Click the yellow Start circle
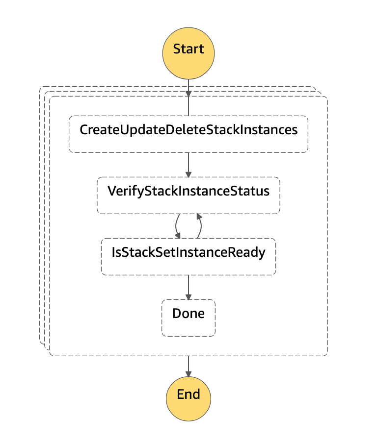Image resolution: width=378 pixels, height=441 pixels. (189, 49)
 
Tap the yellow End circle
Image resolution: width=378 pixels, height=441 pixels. (189, 394)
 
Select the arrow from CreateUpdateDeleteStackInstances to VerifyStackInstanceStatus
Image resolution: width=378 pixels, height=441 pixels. (189, 164)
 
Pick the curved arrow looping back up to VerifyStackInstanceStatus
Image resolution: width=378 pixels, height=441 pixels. (200, 226)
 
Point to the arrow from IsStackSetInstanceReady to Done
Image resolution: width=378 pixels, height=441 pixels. (189, 286)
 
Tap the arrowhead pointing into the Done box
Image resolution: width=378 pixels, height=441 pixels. (189, 296)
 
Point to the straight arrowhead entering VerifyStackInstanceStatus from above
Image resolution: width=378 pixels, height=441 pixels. (189, 173)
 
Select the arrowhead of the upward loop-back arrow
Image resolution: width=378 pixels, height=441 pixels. (198, 217)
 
